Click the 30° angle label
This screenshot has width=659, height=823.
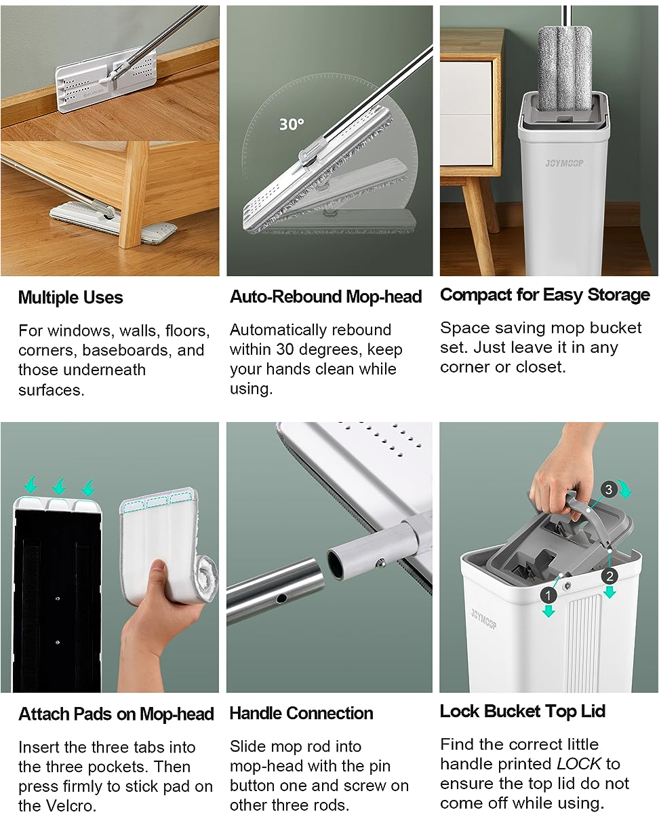(x=292, y=124)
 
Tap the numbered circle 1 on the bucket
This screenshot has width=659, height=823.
(x=548, y=596)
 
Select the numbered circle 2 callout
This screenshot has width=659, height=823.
(x=610, y=576)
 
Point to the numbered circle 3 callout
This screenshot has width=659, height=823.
(x=609, y=489)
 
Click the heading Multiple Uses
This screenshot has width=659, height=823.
(x=71, y=298)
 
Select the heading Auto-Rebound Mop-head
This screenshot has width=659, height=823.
(x=326, y=296)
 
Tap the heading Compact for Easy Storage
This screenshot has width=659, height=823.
(x=544, y=295)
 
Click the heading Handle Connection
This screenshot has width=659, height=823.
(x=302, y=713)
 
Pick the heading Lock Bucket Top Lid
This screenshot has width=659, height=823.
(x=523, y=711)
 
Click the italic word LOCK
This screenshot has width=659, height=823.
(x=579, y=764)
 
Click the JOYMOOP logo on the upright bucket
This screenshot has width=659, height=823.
(x=564, y=164)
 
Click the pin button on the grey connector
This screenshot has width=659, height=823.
(x=381, y=562)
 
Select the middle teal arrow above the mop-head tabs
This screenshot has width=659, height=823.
(x=59, y=486)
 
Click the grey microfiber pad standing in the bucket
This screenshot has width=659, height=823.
(x=565, y=69)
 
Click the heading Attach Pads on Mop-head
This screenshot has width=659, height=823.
(x=116, y=714)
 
